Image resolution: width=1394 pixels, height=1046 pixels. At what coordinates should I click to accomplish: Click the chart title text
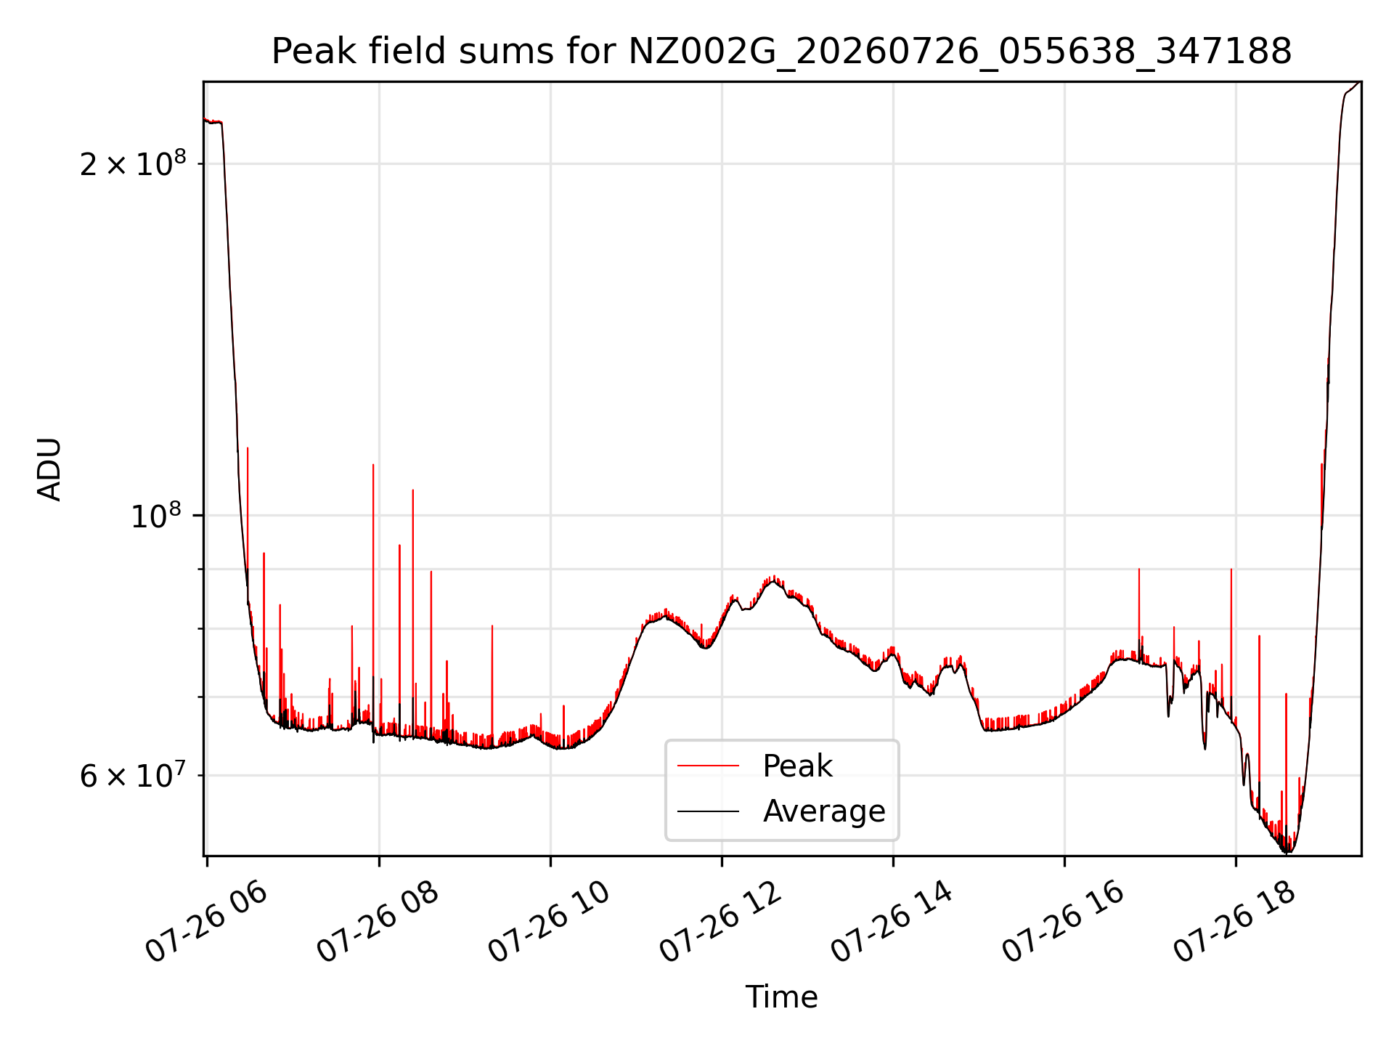pos(781,52)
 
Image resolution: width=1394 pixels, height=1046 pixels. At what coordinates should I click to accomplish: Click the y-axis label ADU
pos(49,469)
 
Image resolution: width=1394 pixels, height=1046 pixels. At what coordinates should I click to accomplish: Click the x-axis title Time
pos(781,997)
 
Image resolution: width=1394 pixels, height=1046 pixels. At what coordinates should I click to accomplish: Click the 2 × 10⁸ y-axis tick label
pos(133,163)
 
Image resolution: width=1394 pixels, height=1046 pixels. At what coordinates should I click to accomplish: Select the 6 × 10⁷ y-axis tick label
pos(133,775)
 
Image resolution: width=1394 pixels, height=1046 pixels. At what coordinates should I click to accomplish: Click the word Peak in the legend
pos(797,766)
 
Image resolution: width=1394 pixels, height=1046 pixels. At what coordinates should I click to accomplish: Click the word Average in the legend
pos(824,811)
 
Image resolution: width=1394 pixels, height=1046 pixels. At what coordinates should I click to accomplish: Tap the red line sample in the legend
pos(708,766)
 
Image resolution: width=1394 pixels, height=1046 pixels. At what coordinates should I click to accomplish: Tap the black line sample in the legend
pos(708,811)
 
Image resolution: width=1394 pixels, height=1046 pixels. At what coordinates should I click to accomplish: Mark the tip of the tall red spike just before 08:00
pos(373,464)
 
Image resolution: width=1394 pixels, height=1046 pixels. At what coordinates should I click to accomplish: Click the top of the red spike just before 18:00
pos(1231,569)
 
